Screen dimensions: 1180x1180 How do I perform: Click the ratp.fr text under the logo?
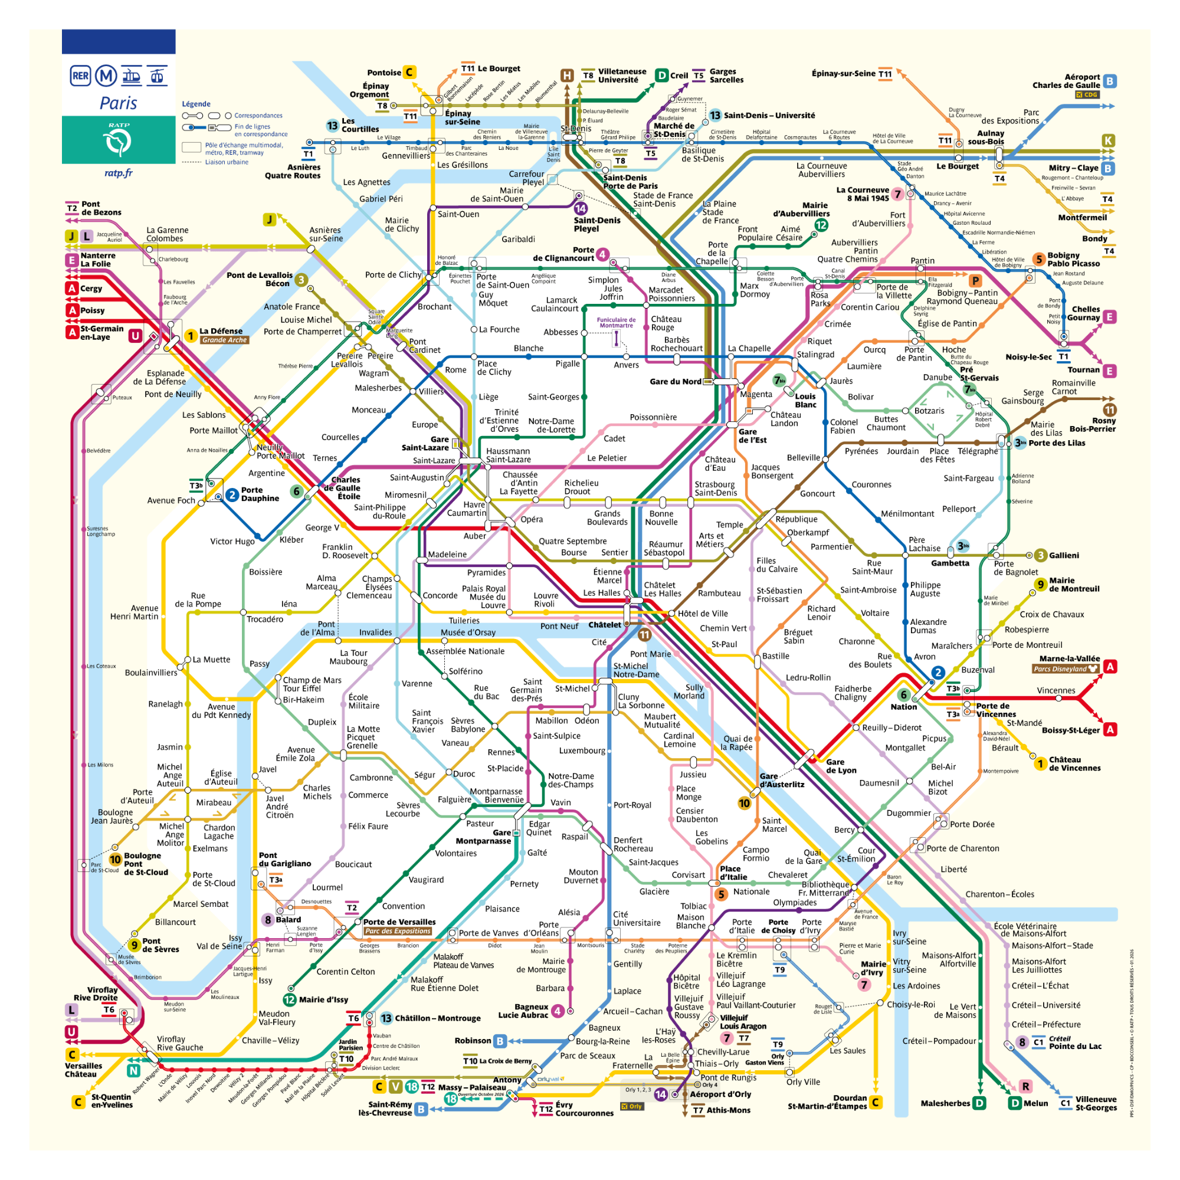click(119, 173)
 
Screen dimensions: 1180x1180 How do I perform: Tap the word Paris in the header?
click(119, 103)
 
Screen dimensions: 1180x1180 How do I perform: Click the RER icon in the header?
click(81, 76)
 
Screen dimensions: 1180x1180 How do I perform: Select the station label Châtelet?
click(604, 625)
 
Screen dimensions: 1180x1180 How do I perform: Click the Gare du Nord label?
click(675, 382)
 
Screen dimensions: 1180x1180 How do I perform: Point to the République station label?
click(796, 519)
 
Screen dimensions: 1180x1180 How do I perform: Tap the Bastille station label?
click(776, 656)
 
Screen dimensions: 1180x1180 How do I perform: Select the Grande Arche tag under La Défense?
click(225, 340)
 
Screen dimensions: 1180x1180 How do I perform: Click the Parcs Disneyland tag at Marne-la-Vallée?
click(1065, 669)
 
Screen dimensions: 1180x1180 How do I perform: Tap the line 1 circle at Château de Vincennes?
click(1040, 763)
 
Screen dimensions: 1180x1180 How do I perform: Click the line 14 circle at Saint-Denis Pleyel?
click(580, 209)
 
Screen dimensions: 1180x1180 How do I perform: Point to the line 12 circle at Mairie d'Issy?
click(290, 1000)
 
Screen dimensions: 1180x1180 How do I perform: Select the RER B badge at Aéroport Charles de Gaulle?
click(1110, 81)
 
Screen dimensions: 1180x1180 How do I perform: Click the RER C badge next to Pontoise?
click(409, 72)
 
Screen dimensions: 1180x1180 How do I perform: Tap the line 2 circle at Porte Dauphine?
click(232, 495)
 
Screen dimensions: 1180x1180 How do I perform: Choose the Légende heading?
click(196, 104)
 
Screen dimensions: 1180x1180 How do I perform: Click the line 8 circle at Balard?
click(267, 920)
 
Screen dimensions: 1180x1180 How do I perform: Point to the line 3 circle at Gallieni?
click(1040, 555)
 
